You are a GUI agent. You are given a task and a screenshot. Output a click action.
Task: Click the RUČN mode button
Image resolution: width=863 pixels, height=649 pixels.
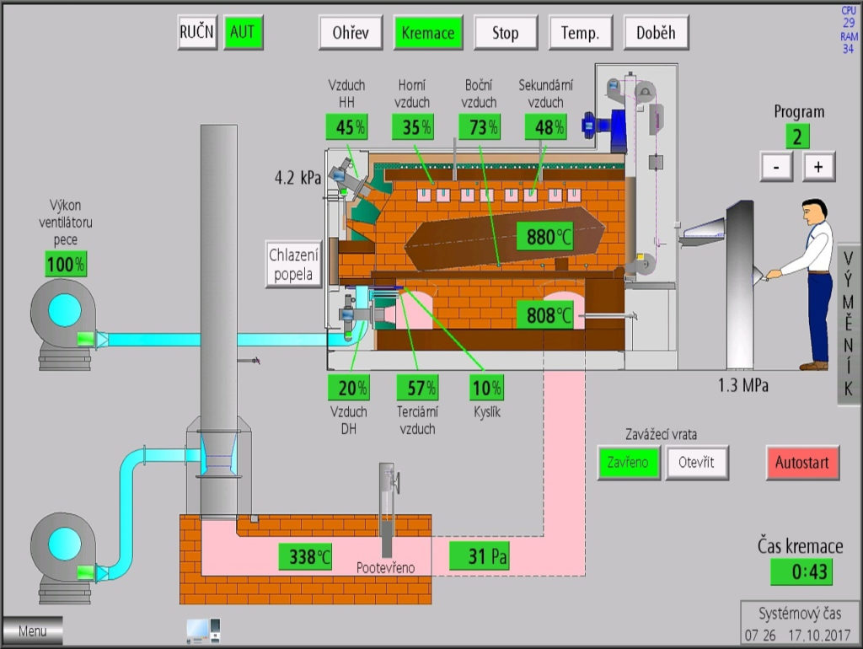tap(198, 33)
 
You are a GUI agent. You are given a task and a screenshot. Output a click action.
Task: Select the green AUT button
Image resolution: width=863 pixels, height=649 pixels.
tap(243, 33)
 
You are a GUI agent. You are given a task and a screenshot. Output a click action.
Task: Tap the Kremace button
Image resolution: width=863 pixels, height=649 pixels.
tap(428, 34)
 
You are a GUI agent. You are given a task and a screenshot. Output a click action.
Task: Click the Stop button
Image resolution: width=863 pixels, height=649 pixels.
tap(505, 34)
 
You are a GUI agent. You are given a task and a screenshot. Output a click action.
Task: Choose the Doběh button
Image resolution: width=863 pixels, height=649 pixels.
tap(656, 34)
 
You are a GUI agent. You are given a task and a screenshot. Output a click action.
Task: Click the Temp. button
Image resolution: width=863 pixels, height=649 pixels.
tap(580, 34)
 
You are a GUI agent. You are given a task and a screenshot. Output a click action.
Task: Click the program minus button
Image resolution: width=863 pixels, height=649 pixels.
tap(776, 167)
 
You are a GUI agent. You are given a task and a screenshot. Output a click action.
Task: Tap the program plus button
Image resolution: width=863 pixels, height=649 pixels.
tap(818, 167)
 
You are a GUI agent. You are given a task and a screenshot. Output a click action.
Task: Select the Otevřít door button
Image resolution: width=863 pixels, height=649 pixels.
tap(697, 463)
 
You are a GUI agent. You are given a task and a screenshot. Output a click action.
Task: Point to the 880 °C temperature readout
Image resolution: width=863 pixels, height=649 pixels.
tap(544, 237)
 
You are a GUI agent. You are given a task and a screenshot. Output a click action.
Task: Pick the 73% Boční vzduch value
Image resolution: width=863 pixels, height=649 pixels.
tap(479, 127)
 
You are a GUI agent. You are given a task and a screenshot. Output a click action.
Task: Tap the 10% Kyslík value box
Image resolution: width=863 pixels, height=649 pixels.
tap(487, 388)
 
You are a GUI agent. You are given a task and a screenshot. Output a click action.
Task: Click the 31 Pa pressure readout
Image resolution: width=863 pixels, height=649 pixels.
tap(479, 556)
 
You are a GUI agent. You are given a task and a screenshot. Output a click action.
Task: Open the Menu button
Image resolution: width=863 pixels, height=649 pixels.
tap(32, 630)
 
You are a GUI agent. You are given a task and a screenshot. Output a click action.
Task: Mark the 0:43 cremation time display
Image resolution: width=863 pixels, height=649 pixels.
tap(801, 572)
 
